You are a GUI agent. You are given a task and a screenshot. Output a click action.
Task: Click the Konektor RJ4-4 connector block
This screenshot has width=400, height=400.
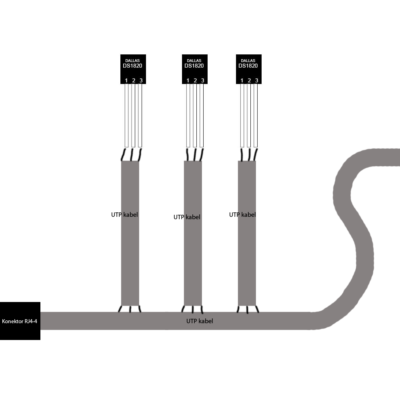20,321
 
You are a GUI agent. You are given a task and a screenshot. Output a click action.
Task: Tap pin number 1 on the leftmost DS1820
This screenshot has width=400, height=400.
126,81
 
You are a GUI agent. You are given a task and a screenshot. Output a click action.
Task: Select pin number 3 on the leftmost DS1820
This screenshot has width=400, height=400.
141,81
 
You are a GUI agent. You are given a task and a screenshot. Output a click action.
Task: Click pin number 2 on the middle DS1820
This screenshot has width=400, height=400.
196,81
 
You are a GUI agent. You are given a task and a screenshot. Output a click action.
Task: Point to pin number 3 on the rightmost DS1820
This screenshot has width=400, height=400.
257,81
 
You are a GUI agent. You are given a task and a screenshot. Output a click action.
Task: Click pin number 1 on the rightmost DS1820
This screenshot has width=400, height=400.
242,81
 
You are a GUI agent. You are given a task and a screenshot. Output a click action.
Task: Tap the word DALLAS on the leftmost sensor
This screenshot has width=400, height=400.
132,61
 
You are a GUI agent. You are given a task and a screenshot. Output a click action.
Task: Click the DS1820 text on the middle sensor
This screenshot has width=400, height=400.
194,66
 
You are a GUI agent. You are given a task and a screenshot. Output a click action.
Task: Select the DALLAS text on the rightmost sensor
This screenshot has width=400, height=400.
248,61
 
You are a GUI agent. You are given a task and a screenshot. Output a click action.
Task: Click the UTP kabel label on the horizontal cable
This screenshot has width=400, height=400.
200,321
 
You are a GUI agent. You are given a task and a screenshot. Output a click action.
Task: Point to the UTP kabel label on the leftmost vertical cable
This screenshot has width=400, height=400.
124,214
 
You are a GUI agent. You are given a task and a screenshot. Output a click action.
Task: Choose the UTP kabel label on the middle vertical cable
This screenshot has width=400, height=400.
187,217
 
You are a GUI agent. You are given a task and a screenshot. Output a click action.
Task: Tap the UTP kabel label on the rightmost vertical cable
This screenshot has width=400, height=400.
242,214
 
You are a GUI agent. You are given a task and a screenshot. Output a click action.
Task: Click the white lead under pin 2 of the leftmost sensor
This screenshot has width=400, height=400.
133,116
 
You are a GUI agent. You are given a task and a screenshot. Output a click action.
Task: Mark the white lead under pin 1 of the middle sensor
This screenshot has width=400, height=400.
188,116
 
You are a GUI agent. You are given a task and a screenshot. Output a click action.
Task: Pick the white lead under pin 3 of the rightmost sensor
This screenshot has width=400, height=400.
256,116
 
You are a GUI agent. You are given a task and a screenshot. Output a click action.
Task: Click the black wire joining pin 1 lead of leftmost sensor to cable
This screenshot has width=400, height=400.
124,154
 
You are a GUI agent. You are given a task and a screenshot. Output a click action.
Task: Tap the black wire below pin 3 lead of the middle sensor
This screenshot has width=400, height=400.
202,154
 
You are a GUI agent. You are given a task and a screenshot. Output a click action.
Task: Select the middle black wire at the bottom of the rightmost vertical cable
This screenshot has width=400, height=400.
247,310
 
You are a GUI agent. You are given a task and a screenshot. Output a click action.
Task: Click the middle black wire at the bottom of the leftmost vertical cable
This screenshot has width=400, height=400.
130,309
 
